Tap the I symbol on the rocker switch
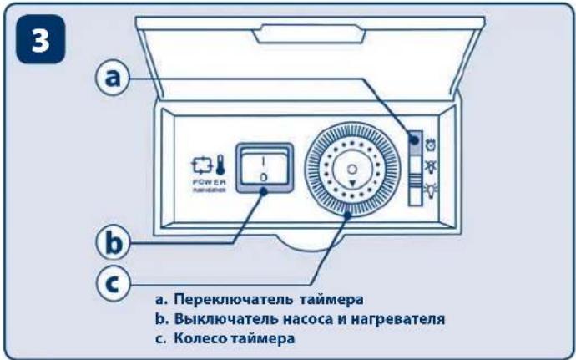262,158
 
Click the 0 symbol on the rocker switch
262,177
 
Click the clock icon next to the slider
431,144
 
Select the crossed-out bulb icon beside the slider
431,166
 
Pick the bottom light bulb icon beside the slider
431,188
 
